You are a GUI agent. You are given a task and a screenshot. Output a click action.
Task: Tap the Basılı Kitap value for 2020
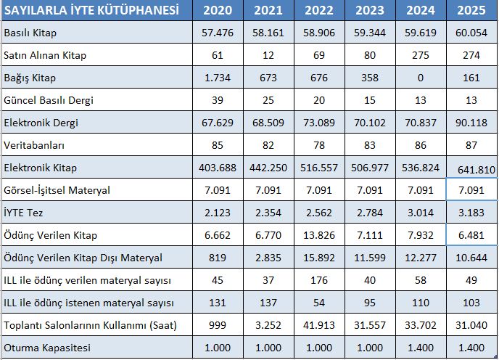pyautogui.click(x=218, y=33)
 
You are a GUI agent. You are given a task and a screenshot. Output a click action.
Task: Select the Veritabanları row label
pyautogui.click(x=35, y=145)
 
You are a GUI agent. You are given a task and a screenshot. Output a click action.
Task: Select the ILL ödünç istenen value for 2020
pyautogui.click(x=218, y=303)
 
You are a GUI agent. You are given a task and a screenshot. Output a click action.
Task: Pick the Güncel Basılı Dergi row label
pyautogui.click(x=49, y=100)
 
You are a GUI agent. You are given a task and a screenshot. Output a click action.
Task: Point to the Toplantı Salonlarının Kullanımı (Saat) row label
pyautogui.click(x=90, y=325)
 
